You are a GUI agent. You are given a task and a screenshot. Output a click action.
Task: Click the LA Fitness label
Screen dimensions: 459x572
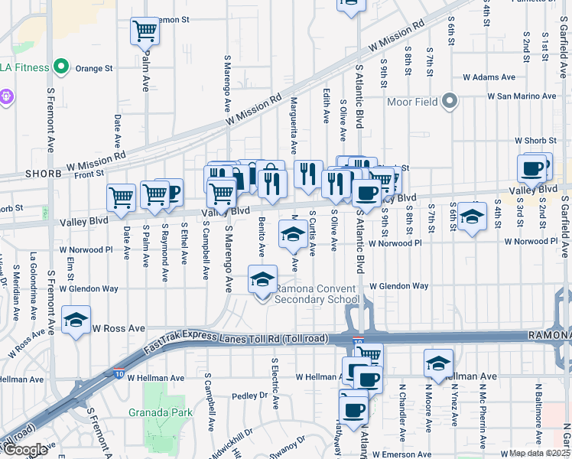26,67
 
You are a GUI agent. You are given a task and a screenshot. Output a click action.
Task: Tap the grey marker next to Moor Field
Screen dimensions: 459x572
450,101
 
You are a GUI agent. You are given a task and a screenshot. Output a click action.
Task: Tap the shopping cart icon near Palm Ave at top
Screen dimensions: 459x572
145,31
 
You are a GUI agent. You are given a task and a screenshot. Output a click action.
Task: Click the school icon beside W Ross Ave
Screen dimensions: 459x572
76,321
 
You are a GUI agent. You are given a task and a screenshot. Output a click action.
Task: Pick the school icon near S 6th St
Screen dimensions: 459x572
473,216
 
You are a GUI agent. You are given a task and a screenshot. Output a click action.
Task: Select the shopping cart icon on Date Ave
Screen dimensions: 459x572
121,198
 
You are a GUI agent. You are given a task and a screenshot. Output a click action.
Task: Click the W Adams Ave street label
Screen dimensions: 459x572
489,77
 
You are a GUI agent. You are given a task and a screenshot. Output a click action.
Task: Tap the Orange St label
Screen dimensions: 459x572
94,68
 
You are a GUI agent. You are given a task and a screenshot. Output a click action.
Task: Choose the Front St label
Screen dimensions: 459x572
89,174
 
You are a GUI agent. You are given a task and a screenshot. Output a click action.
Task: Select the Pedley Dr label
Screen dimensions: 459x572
250,396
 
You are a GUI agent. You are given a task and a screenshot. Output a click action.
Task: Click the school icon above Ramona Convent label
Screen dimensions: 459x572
262,281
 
